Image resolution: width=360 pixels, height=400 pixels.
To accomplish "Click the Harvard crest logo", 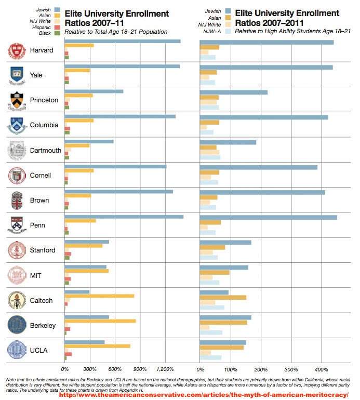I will (x=17, y=50).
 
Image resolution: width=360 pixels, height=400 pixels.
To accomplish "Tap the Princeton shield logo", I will (x=17, y=100).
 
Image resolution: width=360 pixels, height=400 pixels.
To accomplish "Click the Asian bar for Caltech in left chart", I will (x=99, y=296).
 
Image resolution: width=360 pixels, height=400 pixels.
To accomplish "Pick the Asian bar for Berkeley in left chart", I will (x=100, y=321).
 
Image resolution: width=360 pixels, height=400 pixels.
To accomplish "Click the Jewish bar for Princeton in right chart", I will (x=234, y=92).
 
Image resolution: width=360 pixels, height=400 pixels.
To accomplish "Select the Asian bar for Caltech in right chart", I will (x=223, y=297).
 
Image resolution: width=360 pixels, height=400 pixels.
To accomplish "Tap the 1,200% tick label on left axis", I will (x=165, y=369).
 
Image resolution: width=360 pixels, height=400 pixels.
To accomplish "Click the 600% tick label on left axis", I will (x=115, y=369).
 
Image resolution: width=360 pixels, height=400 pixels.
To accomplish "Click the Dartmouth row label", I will (x=46, y=151).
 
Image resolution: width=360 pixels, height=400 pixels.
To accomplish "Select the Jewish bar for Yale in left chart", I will (x=122, y=66).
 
